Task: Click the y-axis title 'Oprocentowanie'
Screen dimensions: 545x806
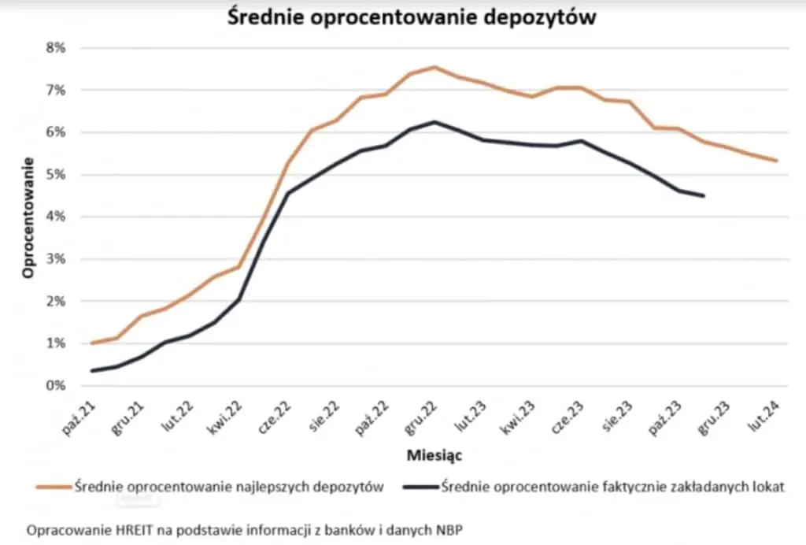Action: (28, 217)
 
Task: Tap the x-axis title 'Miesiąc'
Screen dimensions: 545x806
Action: (434, 455)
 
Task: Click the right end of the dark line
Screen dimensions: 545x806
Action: (703, 195)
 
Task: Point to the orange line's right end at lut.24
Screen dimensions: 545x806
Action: (778, 161)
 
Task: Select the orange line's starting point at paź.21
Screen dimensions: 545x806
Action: (92, 343)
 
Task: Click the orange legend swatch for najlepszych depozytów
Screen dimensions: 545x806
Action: (53, 487)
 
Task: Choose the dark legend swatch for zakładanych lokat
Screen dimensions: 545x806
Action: (420, 487)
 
